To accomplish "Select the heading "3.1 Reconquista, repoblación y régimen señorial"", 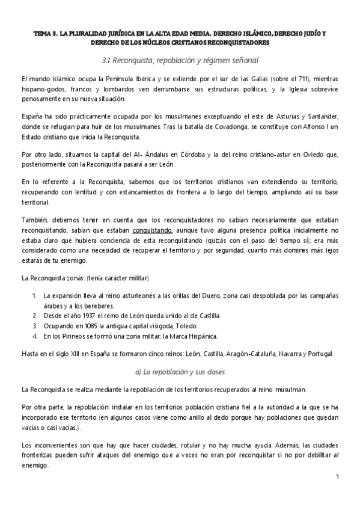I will pos(180,60).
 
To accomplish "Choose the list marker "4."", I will pos(34,335).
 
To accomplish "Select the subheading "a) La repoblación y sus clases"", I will pos(180,372).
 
